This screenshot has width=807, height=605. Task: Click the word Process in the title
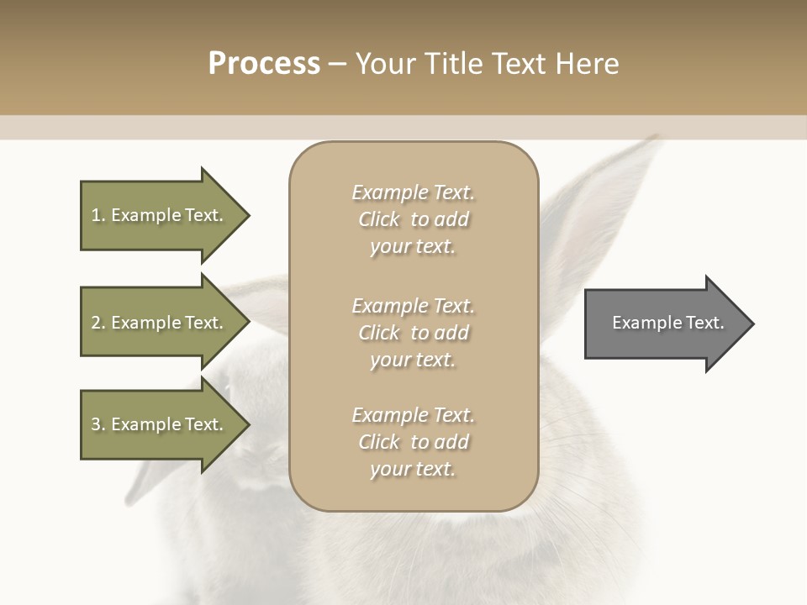pyautogui.click(x=264, y=64)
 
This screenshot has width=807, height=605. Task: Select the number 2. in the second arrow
pyautogui.click(x=98, y=323)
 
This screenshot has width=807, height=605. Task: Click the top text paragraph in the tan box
pyautogui.click(x=413, y=219)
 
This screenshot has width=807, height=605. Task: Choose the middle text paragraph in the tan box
pyautogui.click(x=413, y=332)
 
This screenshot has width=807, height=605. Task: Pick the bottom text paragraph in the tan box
pyautogui.click(x=413, y=442)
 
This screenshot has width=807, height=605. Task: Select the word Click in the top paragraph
pyautogui.click(x=379, y=219)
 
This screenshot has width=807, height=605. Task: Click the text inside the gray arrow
pyautogui.click(x=668, y=323)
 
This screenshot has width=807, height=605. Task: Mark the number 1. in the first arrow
pyautogui.click(x=98, y=215)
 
